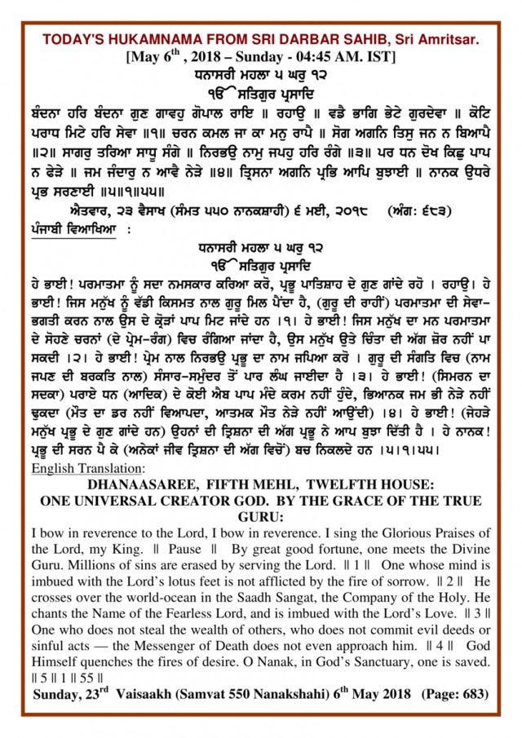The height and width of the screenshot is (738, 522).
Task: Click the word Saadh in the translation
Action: tap(215, 599)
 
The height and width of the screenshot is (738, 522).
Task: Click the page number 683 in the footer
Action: tap(472, 694)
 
